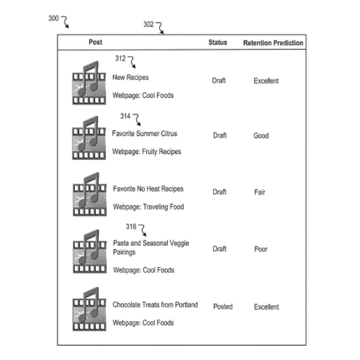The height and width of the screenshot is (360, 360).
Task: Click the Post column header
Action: (x=95, y=42)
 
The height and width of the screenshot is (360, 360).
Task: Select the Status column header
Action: (x=217, y=42)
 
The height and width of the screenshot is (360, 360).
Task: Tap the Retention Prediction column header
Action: (x=273, y=43)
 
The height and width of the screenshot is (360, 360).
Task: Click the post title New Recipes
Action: (x=130, y=77)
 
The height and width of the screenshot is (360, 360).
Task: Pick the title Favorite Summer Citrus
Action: (x=144, y=134)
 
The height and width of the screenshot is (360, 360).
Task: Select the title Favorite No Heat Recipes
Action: (x=148, y=189)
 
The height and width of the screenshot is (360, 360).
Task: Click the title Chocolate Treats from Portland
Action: (x=155, y=304)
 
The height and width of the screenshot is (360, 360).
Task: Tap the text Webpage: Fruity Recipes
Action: (x=146, y=151)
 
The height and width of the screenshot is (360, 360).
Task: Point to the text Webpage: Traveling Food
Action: (x=148, y=207)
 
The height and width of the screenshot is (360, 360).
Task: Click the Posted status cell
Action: (x=223, y=306)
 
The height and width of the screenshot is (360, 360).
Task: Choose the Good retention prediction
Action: (x=261, y=135)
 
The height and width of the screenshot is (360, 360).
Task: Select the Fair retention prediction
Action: (x=259, y=192)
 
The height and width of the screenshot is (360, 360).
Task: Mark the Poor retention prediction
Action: (x=261, y=249)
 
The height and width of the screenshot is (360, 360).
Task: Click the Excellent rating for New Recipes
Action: (x=266, y=81)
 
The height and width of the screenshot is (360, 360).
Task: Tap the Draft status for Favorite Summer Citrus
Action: (x=220, y=135)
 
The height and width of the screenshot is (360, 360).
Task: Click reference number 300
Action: (x=53, y=18)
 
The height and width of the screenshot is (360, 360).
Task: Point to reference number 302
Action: (x=149, y=24)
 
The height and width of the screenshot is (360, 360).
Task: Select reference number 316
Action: (x=131, y=227)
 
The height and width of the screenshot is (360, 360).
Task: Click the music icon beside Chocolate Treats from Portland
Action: (x=89, y=308)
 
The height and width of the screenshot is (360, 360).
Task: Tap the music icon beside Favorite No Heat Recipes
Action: (x=89, y=195)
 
